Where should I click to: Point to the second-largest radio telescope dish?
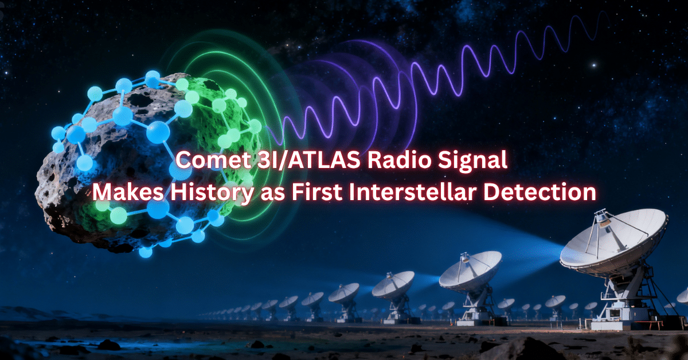pyautogui.click(x=470, y=268)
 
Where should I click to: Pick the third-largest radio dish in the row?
pyautogui.click(x=393, y=284)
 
